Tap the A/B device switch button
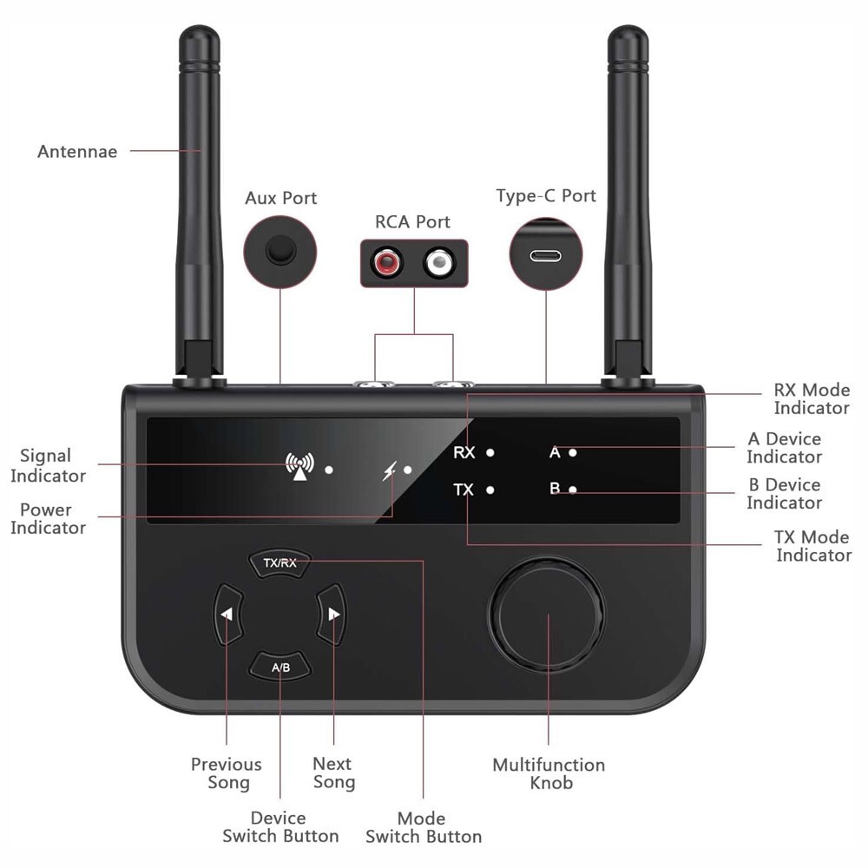pyautogui.click(x=280, y=667)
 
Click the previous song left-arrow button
pyautogui.click(x=227, y=615)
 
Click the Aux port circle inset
pyautogui.click(x=280, y=251)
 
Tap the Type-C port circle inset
pyautogui.click(x=546, y=255)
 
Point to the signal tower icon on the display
pyautogui.click(x=299, y=466)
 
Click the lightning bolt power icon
pyautogui.click(x=390, y=471)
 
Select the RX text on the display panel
pyautogui.click(x=464, y=452)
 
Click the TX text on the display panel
pyautogui.click(x=464, y=490)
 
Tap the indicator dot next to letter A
pyautogui.click(x=573, y=452)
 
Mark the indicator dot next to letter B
pyautogui.click(x=573, y=490)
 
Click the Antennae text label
pyautogui.click(x=77, y=152)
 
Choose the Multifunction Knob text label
pyautogui.click(x=549, y=773)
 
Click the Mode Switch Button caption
pyautogui.click(x=423, y=827)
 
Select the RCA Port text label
pyautogui.click(x=412, y=221)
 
